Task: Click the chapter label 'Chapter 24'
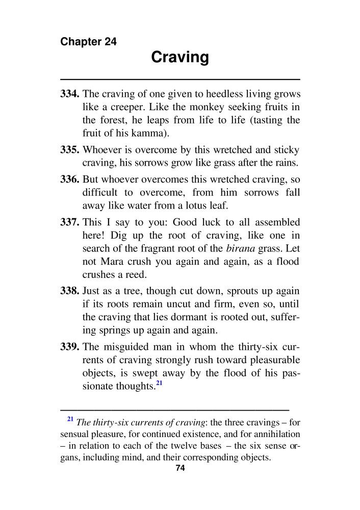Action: pyautogui.click(x=88, y=42)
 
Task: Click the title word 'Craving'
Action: pyautogui.click(x=180, y=57)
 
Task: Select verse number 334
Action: pyautogui.click(x=70, y=94)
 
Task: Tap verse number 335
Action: pyautogui.click(x=70, y=150)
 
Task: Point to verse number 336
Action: pyautogui.click(x=70, y=180)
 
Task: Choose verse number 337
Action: pyautogui.click(x=70, y=222)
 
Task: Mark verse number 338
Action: pyautogui.click(x=70, y=291)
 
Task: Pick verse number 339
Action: pyautogui.click(x=70, y=347)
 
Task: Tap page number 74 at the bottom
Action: pyautogui.click(x=179, y=469)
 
